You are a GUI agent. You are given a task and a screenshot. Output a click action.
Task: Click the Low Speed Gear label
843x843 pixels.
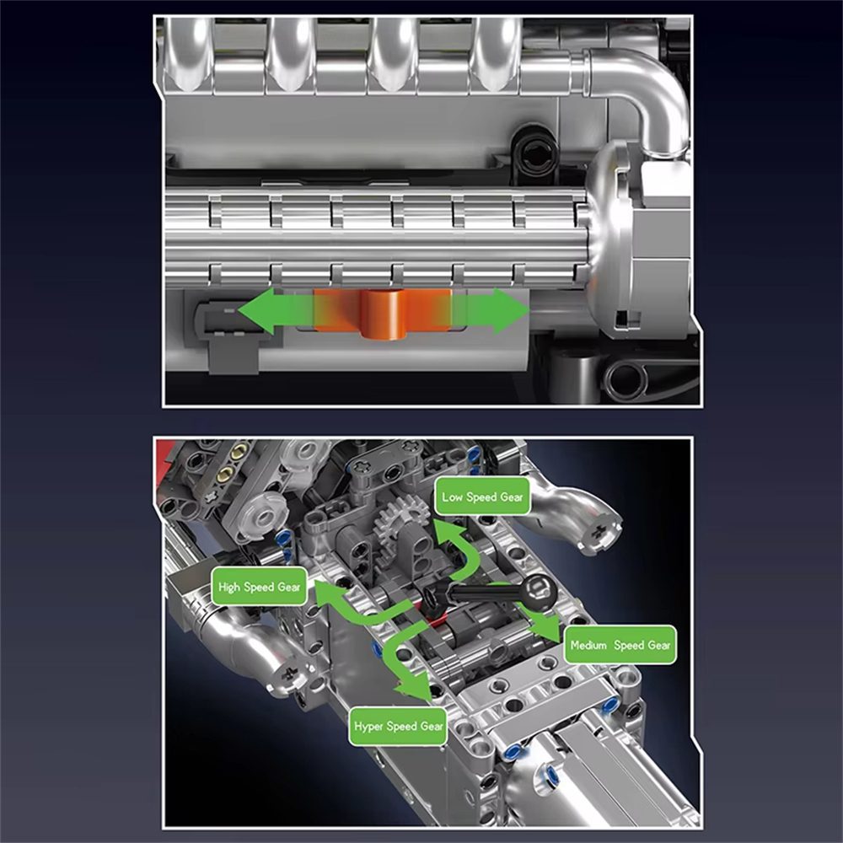(483, 497)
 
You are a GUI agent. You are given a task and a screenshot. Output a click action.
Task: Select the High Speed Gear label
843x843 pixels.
(259, 587)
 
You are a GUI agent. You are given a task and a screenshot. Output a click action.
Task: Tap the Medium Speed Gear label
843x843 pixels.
(620, 646)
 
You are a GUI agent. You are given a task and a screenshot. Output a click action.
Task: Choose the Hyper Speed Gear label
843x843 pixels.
(398, 726)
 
